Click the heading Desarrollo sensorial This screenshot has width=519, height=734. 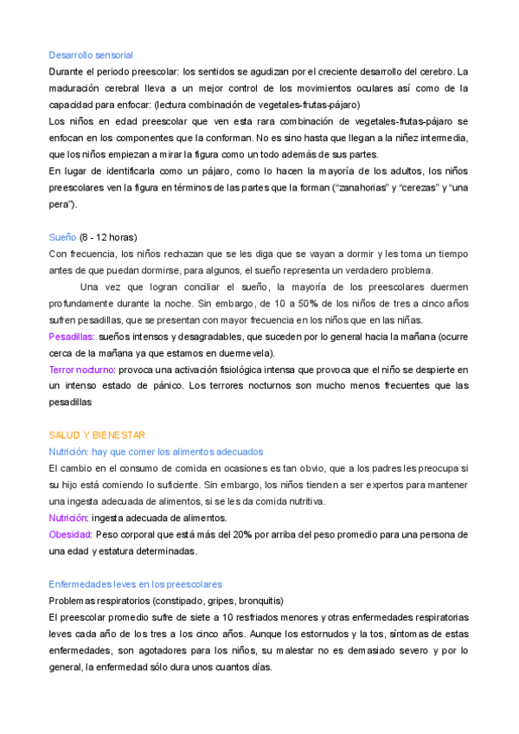[x=91, y=55]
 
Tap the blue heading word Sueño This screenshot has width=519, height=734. [x=62, y=237]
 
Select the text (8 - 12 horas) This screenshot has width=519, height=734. [x=108, y=237]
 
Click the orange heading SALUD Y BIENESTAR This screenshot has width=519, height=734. [x=97, y=435]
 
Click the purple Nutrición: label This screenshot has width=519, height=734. [x=69, y=518]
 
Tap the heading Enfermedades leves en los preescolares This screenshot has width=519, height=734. [x=135, y=584]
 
